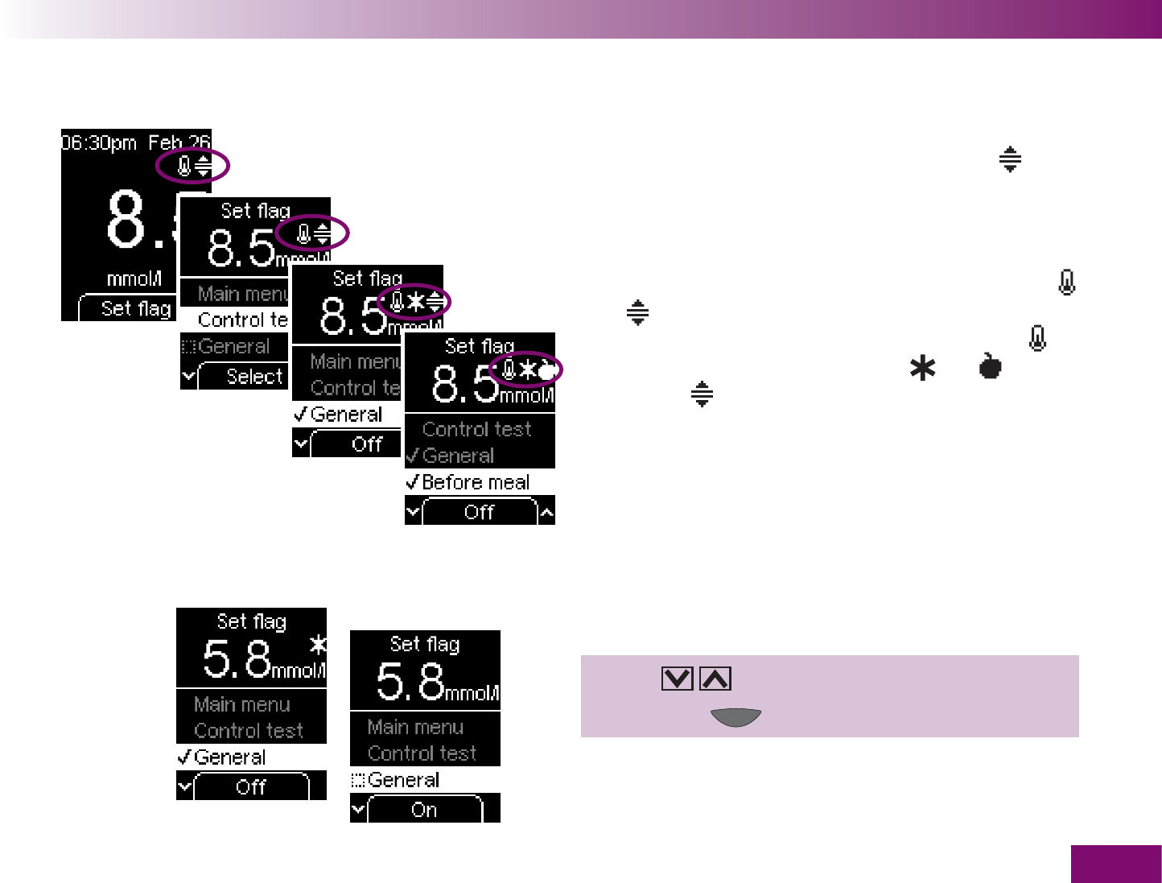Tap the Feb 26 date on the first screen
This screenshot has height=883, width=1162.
pyautogui.click(x=179, y=143)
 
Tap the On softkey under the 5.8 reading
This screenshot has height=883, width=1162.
pyautogui.click(x=424, y=810)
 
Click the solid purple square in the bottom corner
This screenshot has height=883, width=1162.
pyautogui.click(x=1115, y=864)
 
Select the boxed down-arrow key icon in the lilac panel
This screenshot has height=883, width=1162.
pyautogui.click(x=677, y=679)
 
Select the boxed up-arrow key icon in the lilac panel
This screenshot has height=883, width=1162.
pyautogui.click(x=715, y=679)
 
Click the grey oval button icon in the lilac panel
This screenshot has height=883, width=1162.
pyautogui.click(x=736, y=716)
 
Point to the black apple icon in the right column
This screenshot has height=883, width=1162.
pyautogui.click(x=991, y=366)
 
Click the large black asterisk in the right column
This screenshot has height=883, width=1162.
pyautogui.click(x=923, y=369)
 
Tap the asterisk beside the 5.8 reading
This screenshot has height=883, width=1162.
pyautogui.click(x=319, y=644)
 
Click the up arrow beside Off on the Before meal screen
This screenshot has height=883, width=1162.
pyautogui.click(x=546, y=512)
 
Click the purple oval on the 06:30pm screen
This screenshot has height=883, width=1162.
pyautogui.click(x=193, y=167)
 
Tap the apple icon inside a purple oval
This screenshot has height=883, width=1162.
pyautogui.click(x=547, y=370)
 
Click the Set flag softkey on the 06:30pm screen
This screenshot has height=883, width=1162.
pyautogui.click(x=135, y=308)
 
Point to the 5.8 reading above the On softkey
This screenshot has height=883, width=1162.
pyautogui.click(x=410, y=681)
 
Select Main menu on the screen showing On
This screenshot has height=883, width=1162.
pyautogui.click(x=415, y=727)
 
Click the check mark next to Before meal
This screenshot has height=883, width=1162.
pyautogui.click(x=412, y=482)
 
